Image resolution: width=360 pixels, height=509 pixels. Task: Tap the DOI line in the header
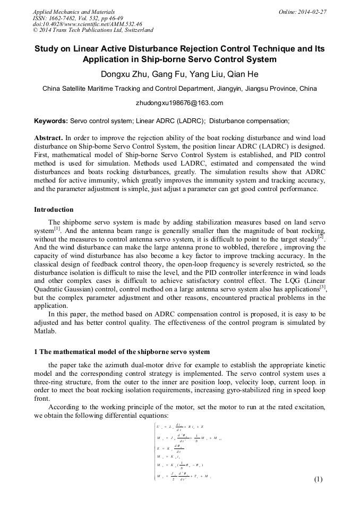tap(88, 24)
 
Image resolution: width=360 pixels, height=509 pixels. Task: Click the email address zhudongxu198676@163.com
tap(179, 103)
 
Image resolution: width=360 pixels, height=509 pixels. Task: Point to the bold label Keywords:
tap(51, 121)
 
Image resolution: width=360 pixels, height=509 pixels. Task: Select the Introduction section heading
tap(54, 210)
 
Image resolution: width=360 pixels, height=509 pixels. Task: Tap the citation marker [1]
tap(58, 229)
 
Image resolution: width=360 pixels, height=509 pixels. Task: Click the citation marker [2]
tap(321, 236)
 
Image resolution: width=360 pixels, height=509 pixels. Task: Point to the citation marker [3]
tap(322, 287)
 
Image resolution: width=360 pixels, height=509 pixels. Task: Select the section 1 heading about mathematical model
tap(122, 352)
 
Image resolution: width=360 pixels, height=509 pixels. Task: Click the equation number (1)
tap(318, 479)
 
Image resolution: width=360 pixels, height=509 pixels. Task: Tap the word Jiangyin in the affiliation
tap(228, 89)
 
